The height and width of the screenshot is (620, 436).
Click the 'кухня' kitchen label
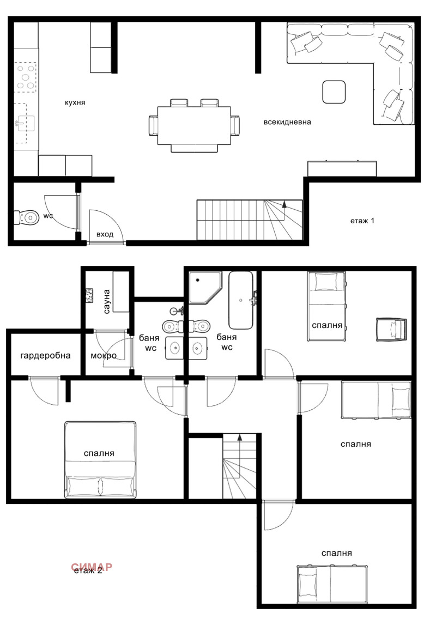coord(75,102)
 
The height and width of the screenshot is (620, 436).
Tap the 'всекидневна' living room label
coord(287,122)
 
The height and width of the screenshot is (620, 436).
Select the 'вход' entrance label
coord(105,234)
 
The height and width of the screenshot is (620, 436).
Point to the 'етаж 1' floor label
coord(362,221)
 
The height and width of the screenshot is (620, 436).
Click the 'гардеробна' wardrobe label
coord(46,356)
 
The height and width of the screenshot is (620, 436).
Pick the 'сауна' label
coord(107,301)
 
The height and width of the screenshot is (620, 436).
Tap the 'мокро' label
coord(104,356)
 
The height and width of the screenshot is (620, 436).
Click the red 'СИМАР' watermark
coord(92,567)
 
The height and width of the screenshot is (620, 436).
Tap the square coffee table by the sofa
coord(334,92)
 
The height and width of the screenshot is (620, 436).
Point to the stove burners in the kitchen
coord(25,76)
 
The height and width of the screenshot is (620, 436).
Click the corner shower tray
coord(204,288)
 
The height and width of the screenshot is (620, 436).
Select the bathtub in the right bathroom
coord(240,300)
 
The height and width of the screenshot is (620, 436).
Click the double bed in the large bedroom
coord(100,459)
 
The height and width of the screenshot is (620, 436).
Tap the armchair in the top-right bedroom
coord(391,329)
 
